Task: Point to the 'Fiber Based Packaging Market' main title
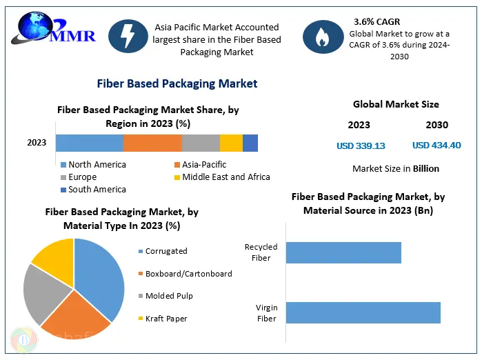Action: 178,83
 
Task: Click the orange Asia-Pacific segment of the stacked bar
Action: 152,143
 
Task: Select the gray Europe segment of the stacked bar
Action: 201,143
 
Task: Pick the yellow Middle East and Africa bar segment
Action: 231,143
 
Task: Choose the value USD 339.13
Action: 361,146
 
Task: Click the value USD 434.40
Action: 436,146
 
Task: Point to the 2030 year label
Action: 436,125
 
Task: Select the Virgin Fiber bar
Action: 363,312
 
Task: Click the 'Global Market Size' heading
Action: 396,105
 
